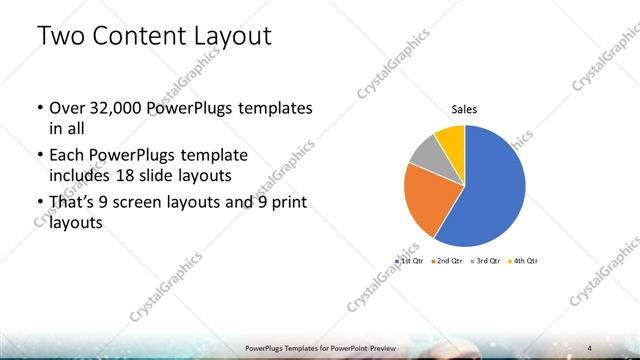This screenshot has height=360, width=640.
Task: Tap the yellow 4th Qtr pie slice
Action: coord(451,137)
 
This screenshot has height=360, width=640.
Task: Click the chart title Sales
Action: coord(464,109)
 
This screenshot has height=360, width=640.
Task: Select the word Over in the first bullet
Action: coord(66,107)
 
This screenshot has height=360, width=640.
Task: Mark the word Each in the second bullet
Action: coord(66,155)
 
